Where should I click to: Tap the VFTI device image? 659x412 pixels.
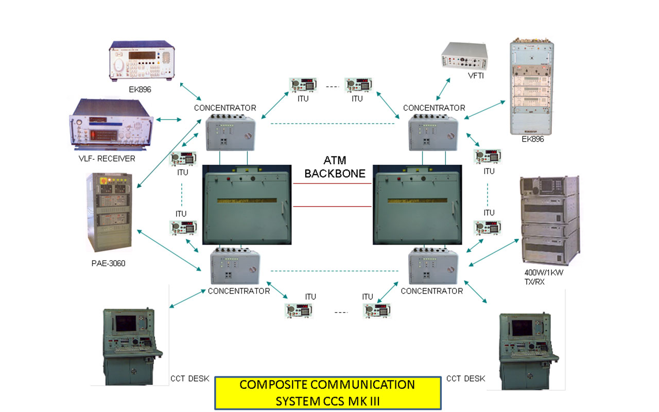[463, 55]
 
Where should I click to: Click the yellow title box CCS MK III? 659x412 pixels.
[327, 392]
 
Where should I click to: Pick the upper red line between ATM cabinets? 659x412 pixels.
[332, 184]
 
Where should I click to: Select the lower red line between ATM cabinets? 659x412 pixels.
[332, 206]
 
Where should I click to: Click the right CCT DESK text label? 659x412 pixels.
[465, 379]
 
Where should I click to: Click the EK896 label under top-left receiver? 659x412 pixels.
[141, 89]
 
